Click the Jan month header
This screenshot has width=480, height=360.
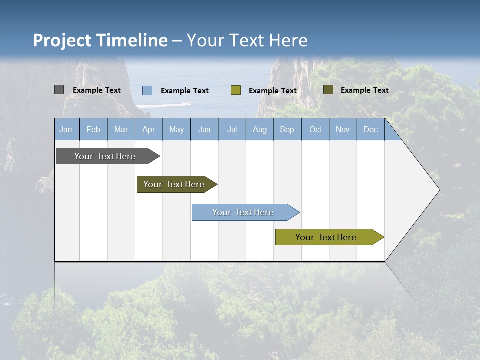coord(66,130)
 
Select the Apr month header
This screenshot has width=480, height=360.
coord(149,130)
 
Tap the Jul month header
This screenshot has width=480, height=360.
coord(232,130)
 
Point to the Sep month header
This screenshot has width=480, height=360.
coord(287,130)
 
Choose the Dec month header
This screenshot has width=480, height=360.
coord(370,130)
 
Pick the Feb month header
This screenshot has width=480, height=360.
coord(93,130)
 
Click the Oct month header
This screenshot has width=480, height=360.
coord(315,130)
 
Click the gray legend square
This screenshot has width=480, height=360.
coord(59,90)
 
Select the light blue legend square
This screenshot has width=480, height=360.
coord(147,90)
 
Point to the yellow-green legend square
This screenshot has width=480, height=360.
coord(236,90)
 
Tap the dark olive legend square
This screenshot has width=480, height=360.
coord(328,89)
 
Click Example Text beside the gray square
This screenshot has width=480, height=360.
coord(97,90)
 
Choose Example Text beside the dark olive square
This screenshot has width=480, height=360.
coord(365,90)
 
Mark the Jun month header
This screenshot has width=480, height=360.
coord(204,130)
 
